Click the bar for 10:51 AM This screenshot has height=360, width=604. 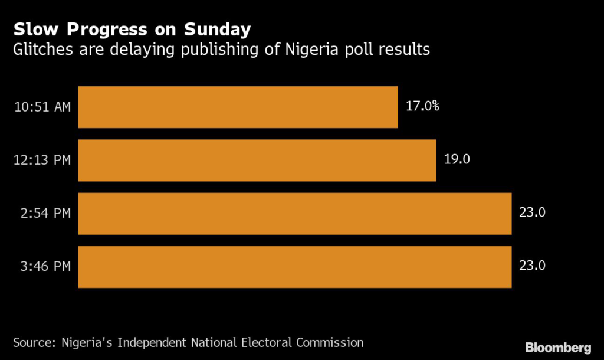pos(238,107)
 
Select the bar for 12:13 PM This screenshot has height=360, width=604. pos(257,160)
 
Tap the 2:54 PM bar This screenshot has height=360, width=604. pos(295,213)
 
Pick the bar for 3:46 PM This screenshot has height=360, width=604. pos(295,267)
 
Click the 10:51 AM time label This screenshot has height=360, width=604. pos(42,107)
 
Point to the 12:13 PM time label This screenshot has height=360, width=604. pos(42,160)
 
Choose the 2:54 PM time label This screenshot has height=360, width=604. pos(46,213)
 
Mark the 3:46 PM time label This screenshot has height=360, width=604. pos(46,267)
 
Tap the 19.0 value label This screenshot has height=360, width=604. pos(457,159)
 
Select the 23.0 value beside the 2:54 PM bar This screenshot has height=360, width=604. pos(532,212)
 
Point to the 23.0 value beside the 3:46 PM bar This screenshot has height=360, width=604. pos(532,266)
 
